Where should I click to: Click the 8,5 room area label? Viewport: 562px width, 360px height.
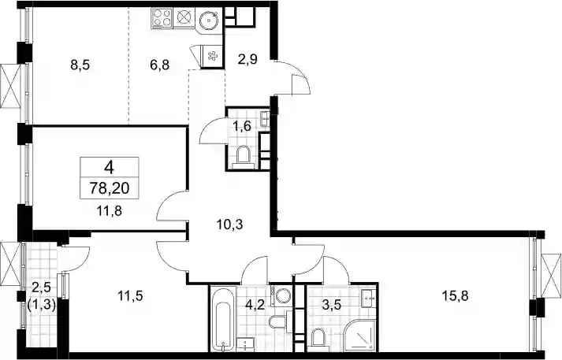(80, 65)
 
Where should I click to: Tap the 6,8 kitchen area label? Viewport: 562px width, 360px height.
(159, 65)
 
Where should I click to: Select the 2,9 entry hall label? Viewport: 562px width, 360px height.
(248, 59)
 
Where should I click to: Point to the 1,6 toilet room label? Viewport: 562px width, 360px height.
(242, 126)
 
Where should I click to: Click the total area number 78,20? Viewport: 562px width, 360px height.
(110, 187)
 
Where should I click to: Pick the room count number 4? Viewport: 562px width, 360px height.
(110, 167)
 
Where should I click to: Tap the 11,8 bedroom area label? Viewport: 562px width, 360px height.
(110, 211)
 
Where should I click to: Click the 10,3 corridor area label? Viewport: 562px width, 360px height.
(229, 225)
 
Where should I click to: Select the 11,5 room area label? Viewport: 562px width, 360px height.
(131, 296)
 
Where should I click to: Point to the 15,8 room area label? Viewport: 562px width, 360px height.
(455, 296)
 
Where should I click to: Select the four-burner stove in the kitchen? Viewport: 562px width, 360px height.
(162, 18)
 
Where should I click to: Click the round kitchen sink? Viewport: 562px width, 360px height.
(209, 20)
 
